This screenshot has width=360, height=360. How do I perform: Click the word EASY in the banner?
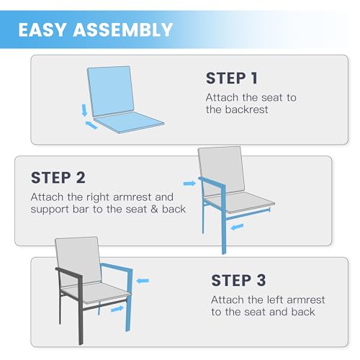[42, 30]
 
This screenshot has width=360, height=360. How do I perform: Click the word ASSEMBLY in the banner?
[123, 30]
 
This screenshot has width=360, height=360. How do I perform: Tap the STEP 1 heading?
[232, 78]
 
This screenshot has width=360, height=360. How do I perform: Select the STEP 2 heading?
[58, 178]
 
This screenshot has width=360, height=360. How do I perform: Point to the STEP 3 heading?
[238, 280]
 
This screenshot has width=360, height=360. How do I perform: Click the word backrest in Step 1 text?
[247, 109]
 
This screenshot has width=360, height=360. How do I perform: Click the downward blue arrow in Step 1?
[84, 110]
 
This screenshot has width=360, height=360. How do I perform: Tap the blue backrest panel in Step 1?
[111, 91]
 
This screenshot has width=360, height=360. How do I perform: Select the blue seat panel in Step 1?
[129, 122]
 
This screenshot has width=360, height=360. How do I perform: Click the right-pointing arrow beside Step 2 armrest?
[189, 184]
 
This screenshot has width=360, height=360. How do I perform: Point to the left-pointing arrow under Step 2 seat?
[237, 227]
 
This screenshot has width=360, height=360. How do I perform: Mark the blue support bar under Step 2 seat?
[248, 214]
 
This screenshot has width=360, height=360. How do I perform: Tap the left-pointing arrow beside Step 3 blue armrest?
[143, 281]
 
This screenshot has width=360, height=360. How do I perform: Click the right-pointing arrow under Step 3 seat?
[117, 309]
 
